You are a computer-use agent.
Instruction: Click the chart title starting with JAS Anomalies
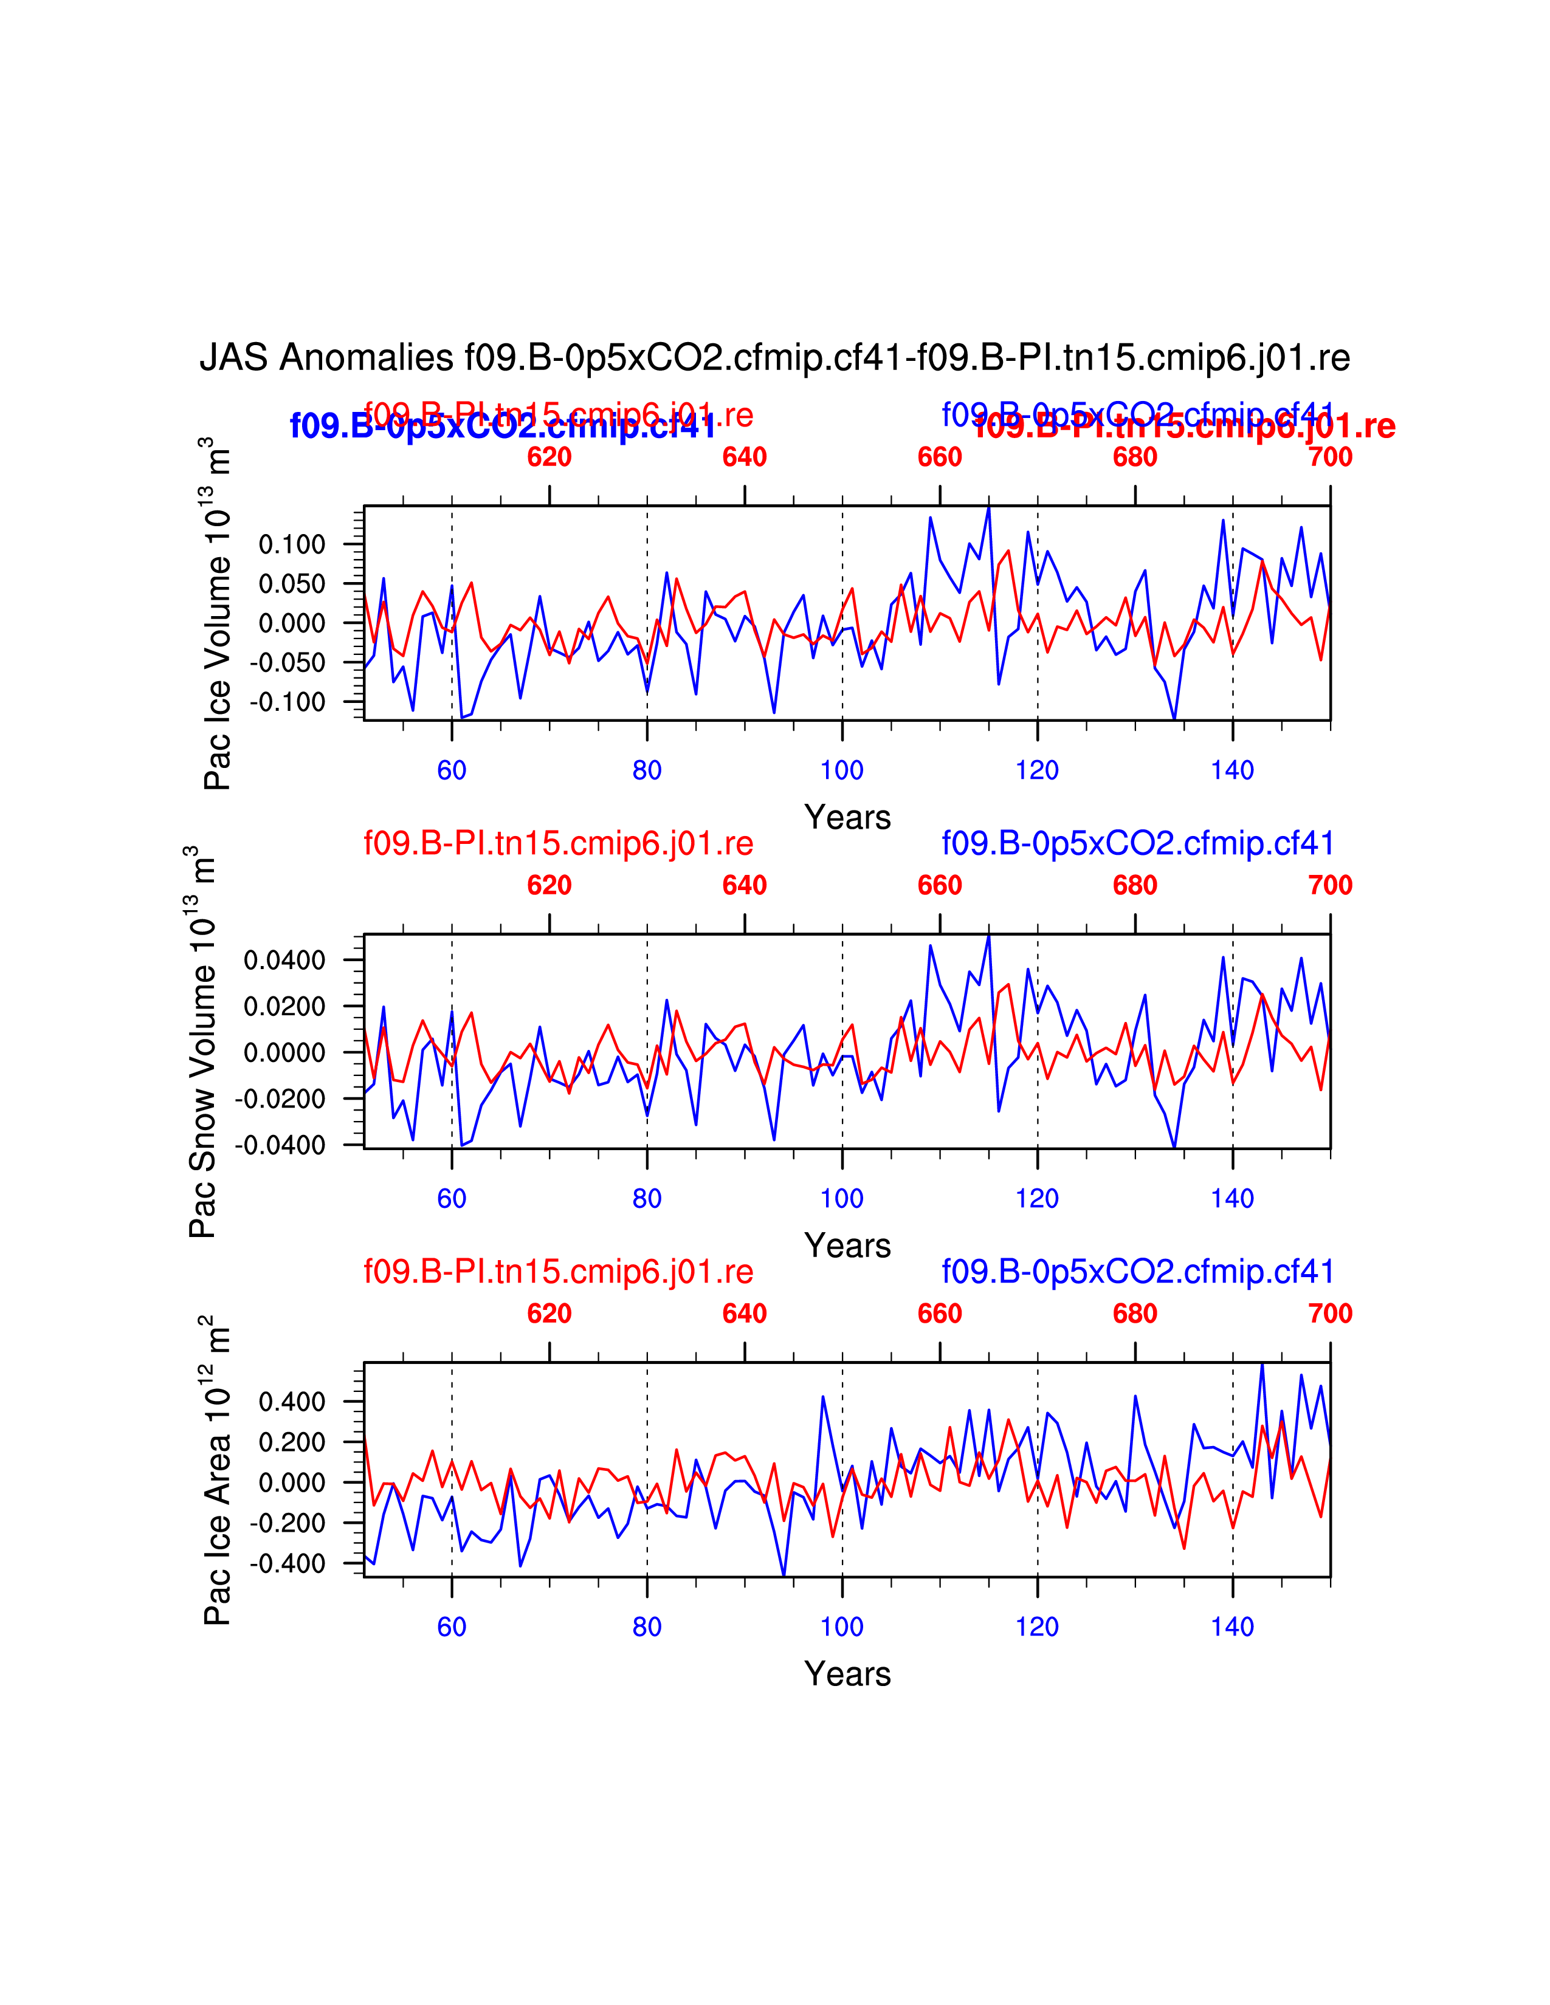[x=774, y=357]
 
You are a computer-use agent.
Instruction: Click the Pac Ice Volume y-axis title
[x=218, y=613]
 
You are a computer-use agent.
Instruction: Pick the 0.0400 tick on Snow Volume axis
[x=284, y=960]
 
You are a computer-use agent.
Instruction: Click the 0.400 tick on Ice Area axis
[x=292, y=1402]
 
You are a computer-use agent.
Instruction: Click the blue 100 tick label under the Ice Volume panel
[x=842, y=770]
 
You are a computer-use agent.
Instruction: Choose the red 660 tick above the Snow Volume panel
[x=939, y=885]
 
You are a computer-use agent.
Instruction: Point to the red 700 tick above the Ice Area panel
[x=1329, y=1314]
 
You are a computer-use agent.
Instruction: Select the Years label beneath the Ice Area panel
[x=847, y=1674]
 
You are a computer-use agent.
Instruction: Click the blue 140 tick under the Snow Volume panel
[x=1232, y=1198]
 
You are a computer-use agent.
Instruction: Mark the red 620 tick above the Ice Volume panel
[x=549, y=456]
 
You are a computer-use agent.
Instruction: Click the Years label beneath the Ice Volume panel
[x=847, y=817]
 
